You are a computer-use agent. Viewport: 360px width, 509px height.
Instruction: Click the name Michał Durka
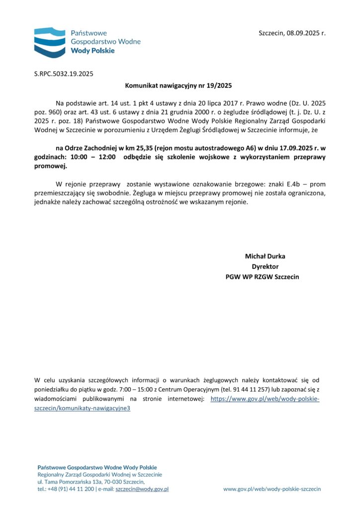coord(265,256)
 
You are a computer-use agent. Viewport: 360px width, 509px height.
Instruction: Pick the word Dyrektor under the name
coord(265,266)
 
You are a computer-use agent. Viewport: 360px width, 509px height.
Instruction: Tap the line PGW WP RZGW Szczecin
coord(262,276)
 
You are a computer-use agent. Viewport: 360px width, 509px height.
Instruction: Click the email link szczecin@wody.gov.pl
coord(142,489)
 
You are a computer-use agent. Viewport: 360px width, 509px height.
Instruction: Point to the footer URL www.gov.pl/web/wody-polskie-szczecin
coord(272,489)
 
